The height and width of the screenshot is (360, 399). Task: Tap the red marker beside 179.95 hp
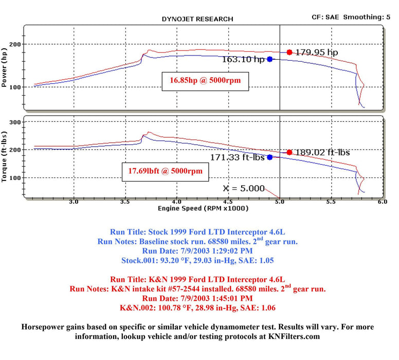(x=289, y=52)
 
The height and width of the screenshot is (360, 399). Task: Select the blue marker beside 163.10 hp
(x=269, y=59)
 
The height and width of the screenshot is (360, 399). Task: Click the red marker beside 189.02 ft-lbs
(x=289, y=152)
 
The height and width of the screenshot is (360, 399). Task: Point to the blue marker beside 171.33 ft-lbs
(x=269, y=157)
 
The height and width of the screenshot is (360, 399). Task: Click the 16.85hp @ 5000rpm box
(x=205, y=80)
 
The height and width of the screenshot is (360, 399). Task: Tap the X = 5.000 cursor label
(x=244, y=188)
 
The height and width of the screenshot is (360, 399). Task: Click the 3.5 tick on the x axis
(x=125, y=202)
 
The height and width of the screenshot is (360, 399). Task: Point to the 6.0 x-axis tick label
(x=382, y=202)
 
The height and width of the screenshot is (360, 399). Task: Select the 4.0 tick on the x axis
(x=177, y=202)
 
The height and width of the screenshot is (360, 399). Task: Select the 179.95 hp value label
(x=316, y=52)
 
